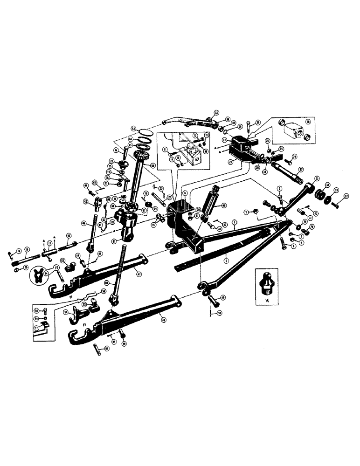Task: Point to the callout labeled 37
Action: tap(301, 169)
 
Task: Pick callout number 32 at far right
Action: tap(346, 197)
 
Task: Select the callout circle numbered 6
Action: tap(185, 192)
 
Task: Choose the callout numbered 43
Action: tap(86, 201)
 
